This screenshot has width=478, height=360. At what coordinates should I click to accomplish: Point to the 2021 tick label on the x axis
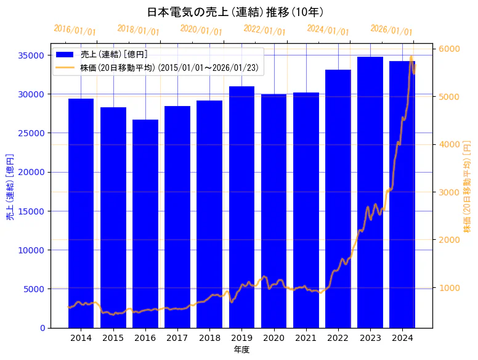306,338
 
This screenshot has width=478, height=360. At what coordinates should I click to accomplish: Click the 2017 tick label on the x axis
177,338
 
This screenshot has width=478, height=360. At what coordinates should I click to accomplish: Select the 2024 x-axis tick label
402,338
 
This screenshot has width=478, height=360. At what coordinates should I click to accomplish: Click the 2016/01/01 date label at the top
75,30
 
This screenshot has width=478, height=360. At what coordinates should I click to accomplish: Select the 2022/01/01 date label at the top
264,30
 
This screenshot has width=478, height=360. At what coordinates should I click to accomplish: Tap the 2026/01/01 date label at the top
391,30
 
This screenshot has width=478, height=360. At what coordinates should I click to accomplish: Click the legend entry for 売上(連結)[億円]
114,55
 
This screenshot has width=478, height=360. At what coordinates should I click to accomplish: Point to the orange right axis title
467,186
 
